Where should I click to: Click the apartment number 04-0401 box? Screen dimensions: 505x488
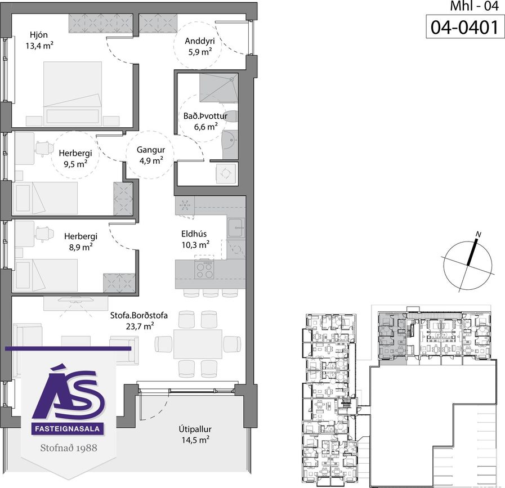pos(464,26)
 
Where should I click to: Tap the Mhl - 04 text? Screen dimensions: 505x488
pos(474,6)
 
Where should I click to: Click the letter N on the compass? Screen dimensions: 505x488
pos(479,235)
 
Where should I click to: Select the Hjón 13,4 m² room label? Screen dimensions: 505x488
pos(39,40)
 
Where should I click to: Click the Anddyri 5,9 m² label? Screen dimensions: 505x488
pos(200,46)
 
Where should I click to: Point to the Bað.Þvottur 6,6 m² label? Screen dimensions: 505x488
pos(205,122)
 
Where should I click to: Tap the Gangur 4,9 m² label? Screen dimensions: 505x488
pos(151,155)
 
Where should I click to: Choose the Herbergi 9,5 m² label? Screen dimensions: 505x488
pos(75,158)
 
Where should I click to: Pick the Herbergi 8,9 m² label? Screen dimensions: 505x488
pos(81,241)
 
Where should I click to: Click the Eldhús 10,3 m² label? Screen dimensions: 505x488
pos(195,239)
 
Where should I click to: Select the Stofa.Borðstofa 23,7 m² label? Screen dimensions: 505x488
pos(139,321)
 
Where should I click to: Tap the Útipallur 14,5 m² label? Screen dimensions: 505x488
pos(195,435)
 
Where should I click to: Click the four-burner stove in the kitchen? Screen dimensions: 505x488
pos(204,270)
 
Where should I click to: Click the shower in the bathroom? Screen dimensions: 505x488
pos(219,88)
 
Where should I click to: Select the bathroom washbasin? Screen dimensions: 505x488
pos(230,140)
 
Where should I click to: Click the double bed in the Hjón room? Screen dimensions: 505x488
pos(73,93)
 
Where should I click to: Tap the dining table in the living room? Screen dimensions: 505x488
pos(198,344)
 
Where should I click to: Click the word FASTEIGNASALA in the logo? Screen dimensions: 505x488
pos(68,428)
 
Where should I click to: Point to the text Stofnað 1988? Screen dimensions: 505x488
pos(69,448)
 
